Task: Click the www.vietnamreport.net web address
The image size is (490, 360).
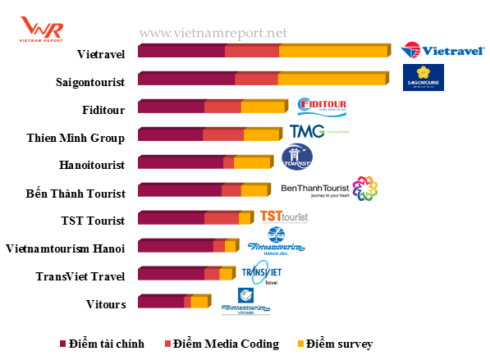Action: (x=213, y=34)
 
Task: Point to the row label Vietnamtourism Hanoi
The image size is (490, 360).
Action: (x=65, y=248)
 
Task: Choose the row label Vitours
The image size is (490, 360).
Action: (x=106, y=304)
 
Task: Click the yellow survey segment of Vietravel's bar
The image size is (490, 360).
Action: (x=332, y=52)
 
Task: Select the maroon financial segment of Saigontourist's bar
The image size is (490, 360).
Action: (x=186, y=80)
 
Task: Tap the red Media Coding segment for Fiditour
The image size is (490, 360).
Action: (x=222, y=107)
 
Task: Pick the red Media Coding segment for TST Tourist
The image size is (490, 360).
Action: (x=222, y=219)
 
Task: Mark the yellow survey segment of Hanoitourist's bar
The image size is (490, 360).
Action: (x=252, y=163)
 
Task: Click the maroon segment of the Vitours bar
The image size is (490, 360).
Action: (x=161, y=303)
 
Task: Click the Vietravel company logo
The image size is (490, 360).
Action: (x=430, y=50)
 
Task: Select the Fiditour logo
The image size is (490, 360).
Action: (x=323, y=108)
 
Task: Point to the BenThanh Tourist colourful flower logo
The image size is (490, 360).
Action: (x=364, y=189)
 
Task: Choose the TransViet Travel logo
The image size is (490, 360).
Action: (x=261, y=273)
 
